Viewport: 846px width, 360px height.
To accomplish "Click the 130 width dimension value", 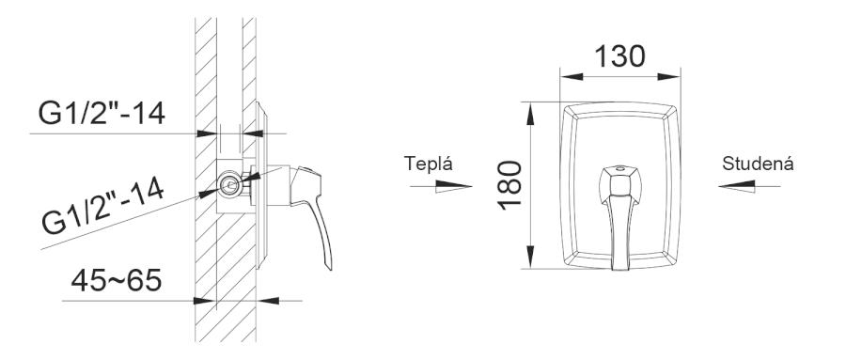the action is [x=619, y=56].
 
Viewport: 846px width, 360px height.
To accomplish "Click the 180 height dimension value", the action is [x=509, y=185].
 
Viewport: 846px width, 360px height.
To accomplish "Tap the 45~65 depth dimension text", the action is [x=116, y=280].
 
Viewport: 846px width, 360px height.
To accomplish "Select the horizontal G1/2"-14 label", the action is [x=102, y=113].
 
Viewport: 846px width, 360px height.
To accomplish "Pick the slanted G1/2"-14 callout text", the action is [x=103, y=207].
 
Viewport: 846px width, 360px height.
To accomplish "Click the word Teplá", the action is [x=429, y=164].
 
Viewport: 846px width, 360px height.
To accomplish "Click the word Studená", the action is [x=758, y=164].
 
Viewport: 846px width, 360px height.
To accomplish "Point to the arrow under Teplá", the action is [x=441, y=187].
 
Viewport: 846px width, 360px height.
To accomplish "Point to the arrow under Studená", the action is [x=749, y=187].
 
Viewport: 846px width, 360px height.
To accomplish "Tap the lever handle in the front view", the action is [x=620, y=216].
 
